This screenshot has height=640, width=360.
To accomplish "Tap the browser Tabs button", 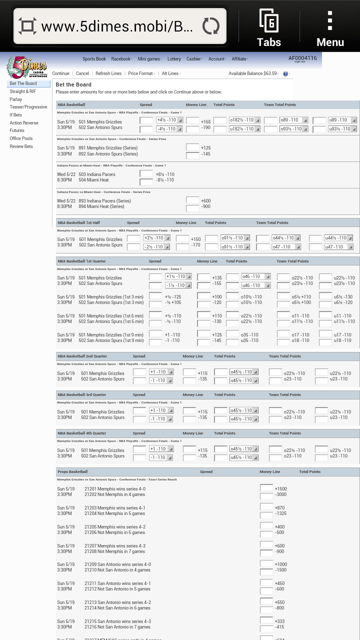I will pos(269,28).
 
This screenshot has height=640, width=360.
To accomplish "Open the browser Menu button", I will pos(330,28).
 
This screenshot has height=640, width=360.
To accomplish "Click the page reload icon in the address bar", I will pos(210,26).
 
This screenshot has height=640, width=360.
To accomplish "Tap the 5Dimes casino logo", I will pos(26,67).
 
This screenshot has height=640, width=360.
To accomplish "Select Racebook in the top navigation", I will pos(121,59).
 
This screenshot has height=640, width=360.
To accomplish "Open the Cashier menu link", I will pos(194,59).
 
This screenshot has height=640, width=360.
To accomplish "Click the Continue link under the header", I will pos(60,73).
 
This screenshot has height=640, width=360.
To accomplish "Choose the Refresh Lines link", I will pos(108,73).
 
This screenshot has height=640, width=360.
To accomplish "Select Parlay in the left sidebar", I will pos(16,99).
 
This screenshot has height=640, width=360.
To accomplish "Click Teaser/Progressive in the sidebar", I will pos(28,107).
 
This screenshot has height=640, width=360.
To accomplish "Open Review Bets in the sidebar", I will pos(21,146).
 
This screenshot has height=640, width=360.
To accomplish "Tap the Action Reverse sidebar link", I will pos(24,123).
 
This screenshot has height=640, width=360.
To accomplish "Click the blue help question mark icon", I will pos(285,74).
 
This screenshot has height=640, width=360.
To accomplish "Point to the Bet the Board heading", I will pos(73,85).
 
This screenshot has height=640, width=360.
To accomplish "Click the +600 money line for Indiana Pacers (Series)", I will pos(205,201).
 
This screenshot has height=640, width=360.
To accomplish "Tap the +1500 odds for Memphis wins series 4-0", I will pos(280,489).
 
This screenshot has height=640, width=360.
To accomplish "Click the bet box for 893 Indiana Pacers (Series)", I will pos(192,200).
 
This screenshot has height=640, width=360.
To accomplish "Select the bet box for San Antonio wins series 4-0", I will pos(266,564).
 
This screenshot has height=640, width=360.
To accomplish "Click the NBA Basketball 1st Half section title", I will pos(79,222).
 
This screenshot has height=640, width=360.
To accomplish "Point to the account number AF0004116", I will pos(302,58).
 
